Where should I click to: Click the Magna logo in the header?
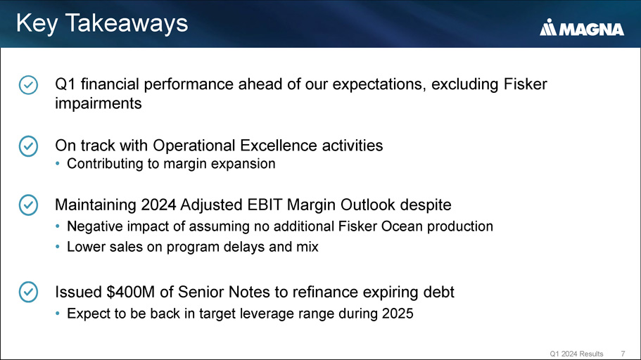(582, 27)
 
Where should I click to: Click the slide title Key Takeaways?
(102, 23)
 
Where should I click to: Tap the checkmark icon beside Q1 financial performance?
(28, 85)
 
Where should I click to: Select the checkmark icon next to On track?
(28, 146)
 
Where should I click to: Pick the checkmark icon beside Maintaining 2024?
(28, 205)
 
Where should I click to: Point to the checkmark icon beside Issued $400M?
(28, 292)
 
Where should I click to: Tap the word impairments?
(99, 104)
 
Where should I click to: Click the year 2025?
(398, 314)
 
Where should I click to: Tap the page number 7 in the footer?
(623, 354)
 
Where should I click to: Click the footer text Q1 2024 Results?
(576, 354)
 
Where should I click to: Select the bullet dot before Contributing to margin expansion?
(58, 164)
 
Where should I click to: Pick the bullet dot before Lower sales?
(58, 247)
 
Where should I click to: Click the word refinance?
(324, 292)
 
